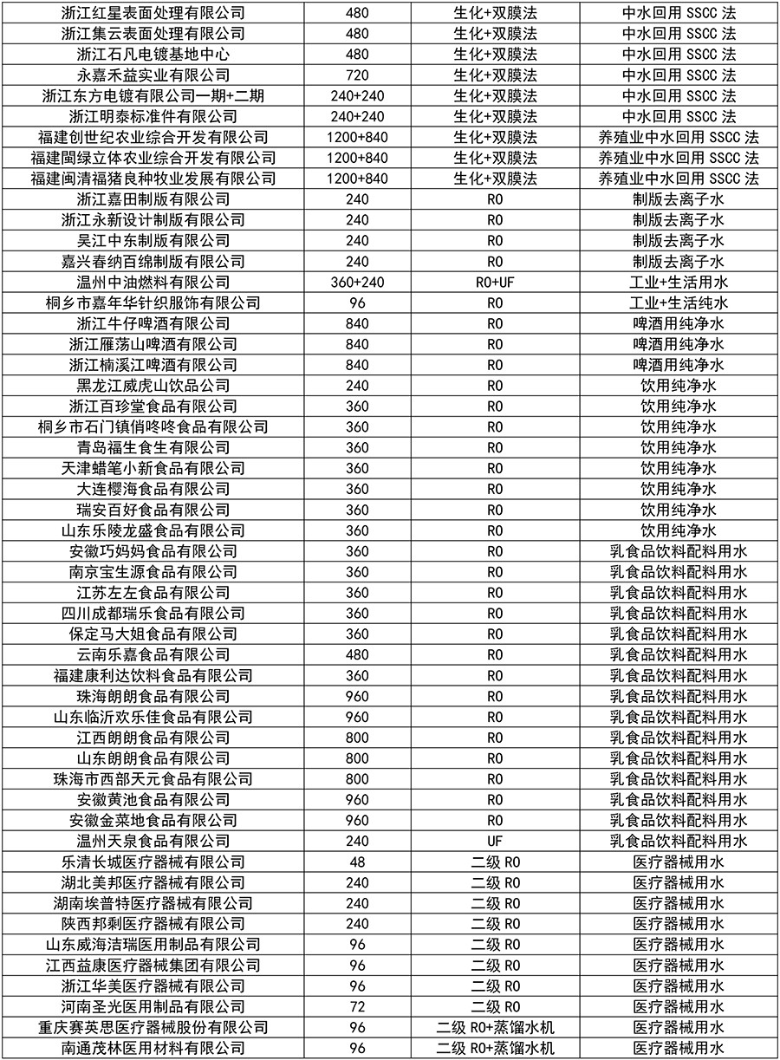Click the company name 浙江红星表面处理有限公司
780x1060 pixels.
(x=153, y=13)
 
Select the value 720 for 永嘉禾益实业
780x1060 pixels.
(x=358, y=75)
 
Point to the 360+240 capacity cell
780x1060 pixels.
(x=358, y=283)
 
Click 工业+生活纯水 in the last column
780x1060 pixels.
(x=679, y=303)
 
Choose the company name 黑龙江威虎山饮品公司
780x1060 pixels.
(x=153, y=386)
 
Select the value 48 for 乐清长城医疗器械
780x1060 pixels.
(x=358, y=862)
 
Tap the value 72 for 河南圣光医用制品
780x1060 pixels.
(x=358, y=1007)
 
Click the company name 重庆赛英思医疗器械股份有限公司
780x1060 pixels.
(x=153, y=1028)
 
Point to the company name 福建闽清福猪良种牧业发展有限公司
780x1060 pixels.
(x=153, y=179)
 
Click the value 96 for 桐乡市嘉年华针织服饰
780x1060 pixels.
(x=358, y=303)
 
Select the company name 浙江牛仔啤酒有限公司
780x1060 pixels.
(x=153, y=324)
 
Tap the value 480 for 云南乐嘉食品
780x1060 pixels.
(x=358, y=655)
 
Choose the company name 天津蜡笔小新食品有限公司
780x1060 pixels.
(x=153, y=469)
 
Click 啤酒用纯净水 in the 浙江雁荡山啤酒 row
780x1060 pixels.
(x=679, y=345)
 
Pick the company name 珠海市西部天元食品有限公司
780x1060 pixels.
(x=153, y=779)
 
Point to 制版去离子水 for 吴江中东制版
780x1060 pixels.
(x=679, y=241)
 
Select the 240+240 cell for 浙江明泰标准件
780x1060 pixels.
(x=358, y=117)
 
